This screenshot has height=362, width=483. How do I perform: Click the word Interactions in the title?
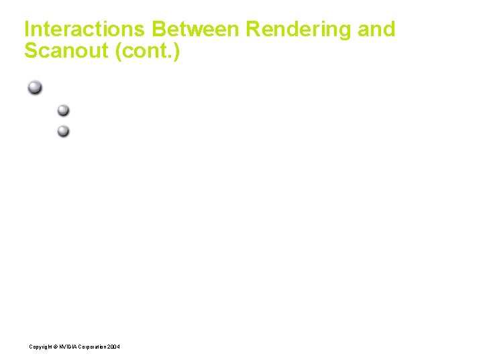click(85, 29)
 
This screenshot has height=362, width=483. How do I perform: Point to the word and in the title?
click(378, 29)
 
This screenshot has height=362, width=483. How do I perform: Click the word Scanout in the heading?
click(67, 51)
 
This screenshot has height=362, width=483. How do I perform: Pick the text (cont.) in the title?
click(148, 51)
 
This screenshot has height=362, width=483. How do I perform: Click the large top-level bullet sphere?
click(35, 87)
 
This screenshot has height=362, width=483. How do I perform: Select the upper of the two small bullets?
click(63, 110)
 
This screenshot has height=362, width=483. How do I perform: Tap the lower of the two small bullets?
click(63, 131)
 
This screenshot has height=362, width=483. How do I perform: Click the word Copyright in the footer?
click(40, 346)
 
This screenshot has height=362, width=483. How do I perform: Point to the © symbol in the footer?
click(55, 346)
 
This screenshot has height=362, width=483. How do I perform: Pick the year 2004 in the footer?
click(113, 346)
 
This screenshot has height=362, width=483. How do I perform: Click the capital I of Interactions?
click(27, 29)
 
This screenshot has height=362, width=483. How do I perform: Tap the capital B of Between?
click(160, 29)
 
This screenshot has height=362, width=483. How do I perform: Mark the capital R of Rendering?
click(254, 29)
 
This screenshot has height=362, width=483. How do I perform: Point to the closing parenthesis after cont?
click(176, 51)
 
